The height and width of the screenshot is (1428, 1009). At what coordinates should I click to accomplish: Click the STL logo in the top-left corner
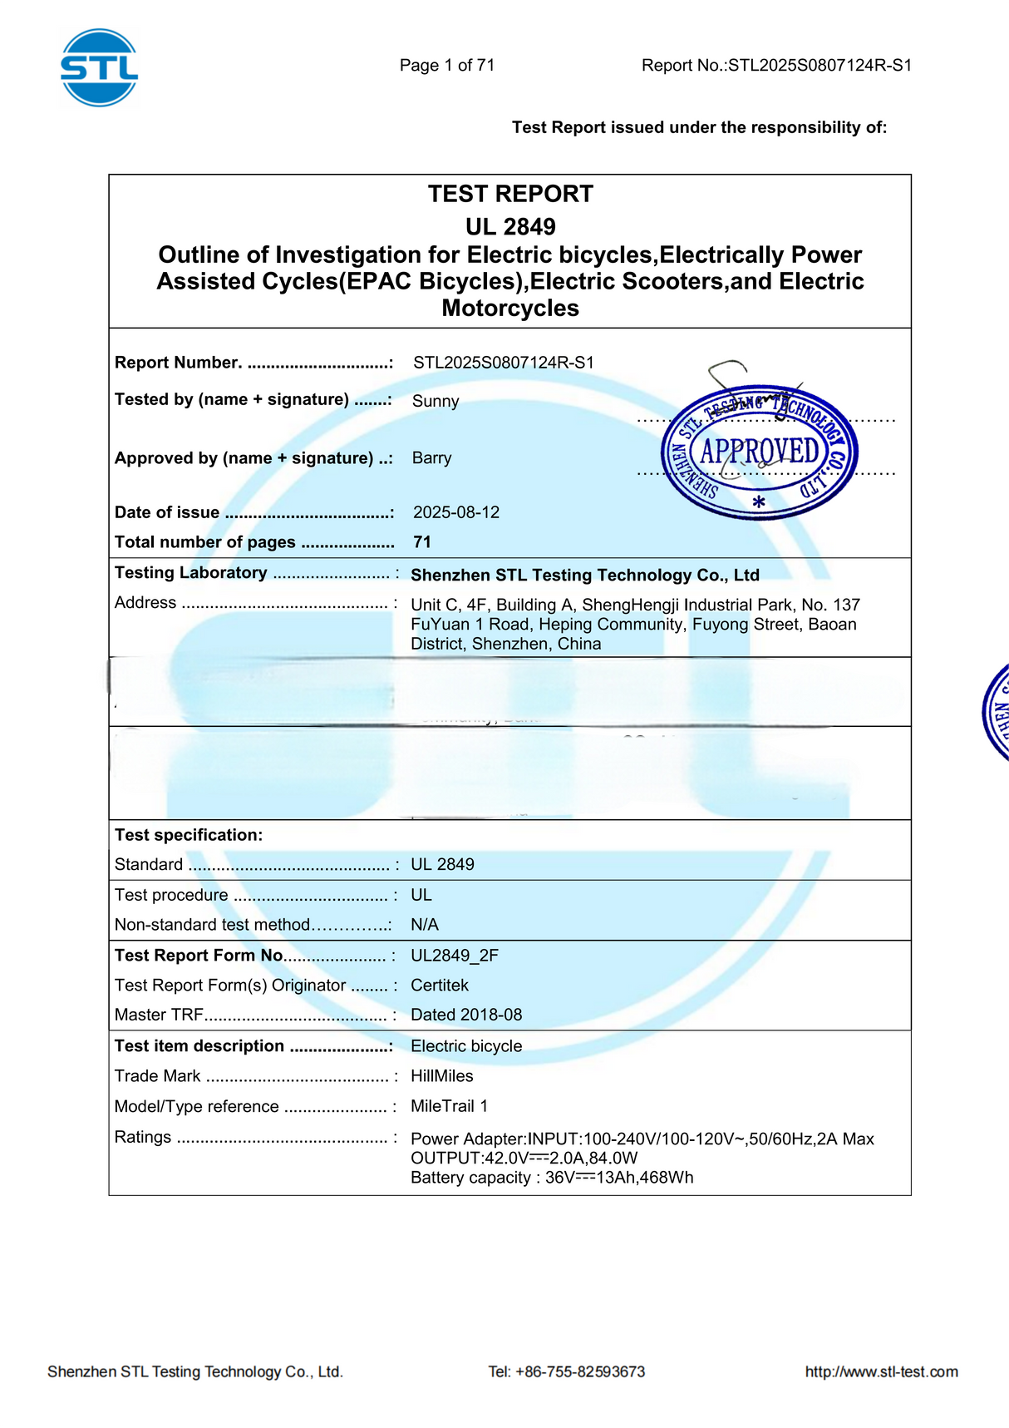tap(99, 67)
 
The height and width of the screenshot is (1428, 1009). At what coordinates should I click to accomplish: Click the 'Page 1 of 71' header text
tap(447, 65)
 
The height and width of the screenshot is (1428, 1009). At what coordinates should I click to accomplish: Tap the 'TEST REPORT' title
tap(510, 194)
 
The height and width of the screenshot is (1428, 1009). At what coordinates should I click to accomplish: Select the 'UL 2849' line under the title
tap(510, 226)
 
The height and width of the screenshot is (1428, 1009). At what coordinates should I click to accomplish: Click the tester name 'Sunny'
tap(436, 401)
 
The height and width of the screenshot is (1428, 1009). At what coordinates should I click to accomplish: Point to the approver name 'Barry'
tap(431, 457)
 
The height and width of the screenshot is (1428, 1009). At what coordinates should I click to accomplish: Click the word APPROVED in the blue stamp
tap(760, 452)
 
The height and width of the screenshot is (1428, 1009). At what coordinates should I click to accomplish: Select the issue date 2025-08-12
tap(456, 512)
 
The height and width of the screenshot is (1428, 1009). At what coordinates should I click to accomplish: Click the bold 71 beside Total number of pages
tap(422, 542)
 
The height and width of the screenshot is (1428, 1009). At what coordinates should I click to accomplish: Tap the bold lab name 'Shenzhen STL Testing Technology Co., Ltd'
tap(585, 575)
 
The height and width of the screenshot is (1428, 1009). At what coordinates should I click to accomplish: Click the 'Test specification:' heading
tap(189, 835)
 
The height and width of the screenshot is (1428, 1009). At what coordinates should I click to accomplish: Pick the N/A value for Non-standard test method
tap(425, 925)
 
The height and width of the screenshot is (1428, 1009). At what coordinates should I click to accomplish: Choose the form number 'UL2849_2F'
tap(455, 955)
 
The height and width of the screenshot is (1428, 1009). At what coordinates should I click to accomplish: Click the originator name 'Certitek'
tap(440, 985)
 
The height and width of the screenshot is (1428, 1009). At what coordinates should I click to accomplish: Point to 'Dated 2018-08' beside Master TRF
tap(466, 1015)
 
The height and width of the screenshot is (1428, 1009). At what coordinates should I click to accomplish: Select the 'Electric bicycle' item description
tap(466, 1045)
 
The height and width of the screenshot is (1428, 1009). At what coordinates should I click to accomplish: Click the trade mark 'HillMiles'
tap(442, 1075)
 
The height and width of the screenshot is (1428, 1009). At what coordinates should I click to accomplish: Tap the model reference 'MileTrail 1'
tap(450, 1106)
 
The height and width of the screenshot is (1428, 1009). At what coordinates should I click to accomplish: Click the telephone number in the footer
tap(567, 1371)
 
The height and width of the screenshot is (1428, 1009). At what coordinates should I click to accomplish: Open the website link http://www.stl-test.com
tap(881, 1371)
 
